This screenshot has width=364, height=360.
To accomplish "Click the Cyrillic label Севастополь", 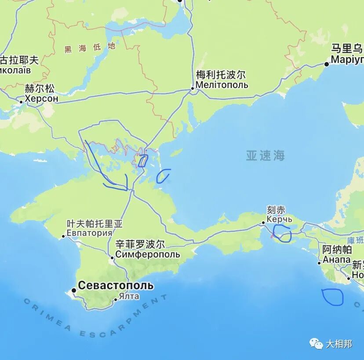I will [116, 286].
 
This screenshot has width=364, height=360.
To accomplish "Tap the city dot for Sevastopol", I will [73, 290].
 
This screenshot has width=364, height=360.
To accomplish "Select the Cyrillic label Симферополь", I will [147, 254].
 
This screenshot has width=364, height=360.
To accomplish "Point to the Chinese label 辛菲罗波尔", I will [140, 244].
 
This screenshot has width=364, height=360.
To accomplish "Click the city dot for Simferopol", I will [112, 257].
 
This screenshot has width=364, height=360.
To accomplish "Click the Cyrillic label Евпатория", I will [90, 233].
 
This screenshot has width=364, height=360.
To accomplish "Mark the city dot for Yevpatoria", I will [63, 236].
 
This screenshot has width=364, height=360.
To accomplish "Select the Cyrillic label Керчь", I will [279, 219].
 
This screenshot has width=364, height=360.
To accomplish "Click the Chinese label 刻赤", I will [276, 210].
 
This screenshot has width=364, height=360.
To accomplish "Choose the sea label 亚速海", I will [265, 155].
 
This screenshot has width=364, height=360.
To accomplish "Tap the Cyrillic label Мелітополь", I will [222, 85].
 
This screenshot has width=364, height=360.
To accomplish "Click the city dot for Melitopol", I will [192, 88].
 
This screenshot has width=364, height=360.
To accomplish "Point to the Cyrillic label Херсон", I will [41, 99].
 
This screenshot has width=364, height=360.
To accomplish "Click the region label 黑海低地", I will [90, 48].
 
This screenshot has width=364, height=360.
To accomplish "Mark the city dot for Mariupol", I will [327, 64].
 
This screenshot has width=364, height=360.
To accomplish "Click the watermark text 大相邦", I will [339, 344].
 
